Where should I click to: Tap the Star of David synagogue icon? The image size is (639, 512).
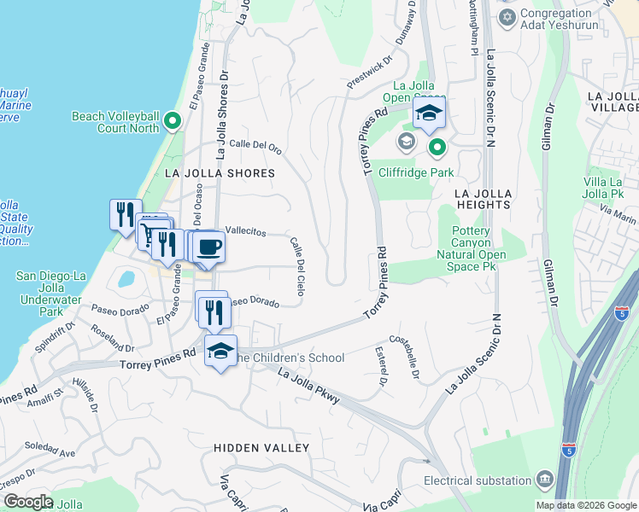pyautogui.click(x=507, y=17)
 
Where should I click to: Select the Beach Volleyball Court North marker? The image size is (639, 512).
pyautogui.click(x=173, y=122)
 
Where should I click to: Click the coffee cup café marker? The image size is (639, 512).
pyautogui.click(x=208, y=248)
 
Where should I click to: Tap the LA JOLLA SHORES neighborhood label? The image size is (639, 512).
pyautogui.click(x=220, y=173)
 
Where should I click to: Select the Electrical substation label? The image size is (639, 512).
pyautogui.click(x=478, y=481)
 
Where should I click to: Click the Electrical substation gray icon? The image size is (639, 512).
pyautogui.click(x=544, y=481)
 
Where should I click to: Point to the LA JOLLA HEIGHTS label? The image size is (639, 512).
pyautogui.click(x=483, y=199)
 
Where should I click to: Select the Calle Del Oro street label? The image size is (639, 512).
pyautogui.click(x=255, y=145)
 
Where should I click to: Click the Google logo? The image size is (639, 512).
pyautogui.click(x=28, y=502)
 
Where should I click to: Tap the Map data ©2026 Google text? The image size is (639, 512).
pyautogui.click(x=585, y=505)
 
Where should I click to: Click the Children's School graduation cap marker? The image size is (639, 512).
pyautogui.click(x=220, y=352)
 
